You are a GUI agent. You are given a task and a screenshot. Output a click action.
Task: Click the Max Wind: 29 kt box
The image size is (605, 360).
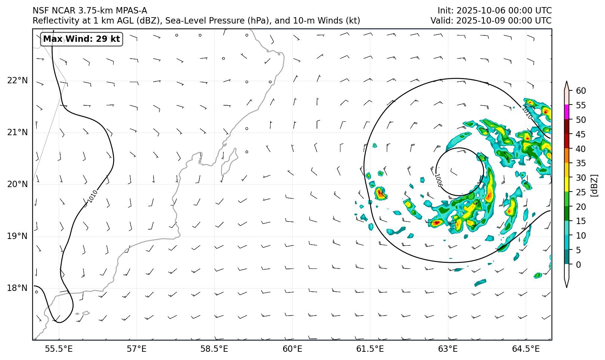(81, 39)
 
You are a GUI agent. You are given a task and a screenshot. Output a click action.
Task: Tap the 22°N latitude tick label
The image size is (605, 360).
(17, 81)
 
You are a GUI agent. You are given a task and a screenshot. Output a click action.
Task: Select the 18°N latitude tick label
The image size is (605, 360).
(17, 288)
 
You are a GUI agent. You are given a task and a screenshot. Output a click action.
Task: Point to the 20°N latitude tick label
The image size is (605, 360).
(17, 184)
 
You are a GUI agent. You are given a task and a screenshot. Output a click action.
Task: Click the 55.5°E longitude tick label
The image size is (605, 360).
(59, 349)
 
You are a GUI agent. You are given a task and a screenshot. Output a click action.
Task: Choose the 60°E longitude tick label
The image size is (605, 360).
(292, 349)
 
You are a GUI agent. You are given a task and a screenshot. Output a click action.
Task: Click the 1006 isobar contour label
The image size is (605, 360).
(438, 180)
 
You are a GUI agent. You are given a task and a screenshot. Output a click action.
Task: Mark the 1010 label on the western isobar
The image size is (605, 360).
(93, 196)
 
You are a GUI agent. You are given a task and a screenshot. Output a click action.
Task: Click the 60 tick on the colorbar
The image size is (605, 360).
(581, 91)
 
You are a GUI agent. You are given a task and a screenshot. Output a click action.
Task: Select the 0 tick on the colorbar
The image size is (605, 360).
(578, 265)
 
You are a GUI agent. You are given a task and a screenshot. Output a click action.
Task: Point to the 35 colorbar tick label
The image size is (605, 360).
(581, 163)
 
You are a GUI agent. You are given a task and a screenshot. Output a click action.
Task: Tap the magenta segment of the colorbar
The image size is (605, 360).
(567, 112)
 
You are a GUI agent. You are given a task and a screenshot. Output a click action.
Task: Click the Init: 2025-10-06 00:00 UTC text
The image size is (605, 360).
(494, 10)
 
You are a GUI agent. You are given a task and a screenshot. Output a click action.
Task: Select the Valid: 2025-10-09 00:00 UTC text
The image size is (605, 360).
(491, 21)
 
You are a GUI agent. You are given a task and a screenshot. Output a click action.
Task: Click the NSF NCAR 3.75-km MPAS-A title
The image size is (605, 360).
(90, 10)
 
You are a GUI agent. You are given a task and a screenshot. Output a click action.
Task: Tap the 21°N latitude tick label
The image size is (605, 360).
(17, 133)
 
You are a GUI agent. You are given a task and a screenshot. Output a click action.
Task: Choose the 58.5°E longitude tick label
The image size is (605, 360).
(214, 349)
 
